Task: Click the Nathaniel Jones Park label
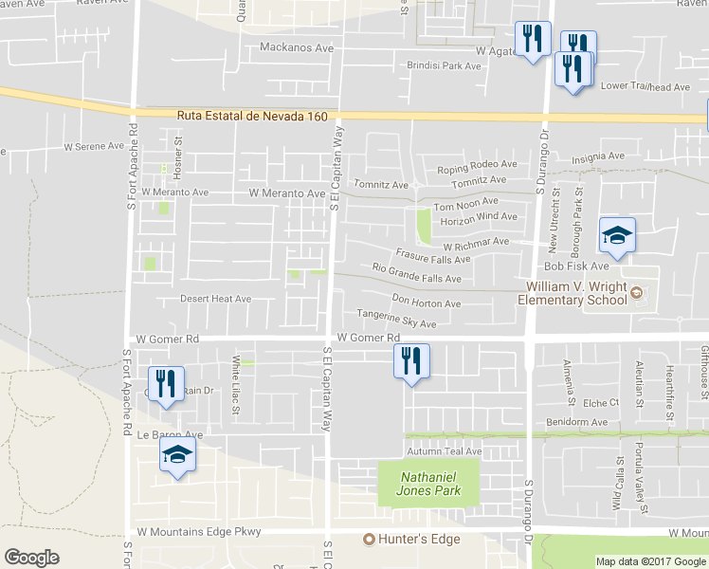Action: [x=429, y=484]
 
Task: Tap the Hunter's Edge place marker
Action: [x=371, y=540]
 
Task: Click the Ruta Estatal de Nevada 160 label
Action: [x=252, y=116]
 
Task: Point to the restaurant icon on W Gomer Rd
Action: [x=410, y=359]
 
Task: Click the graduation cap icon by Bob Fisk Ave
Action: [x=617, y=234]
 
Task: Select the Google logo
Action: [x=31, y=558]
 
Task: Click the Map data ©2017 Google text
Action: [x=650, y=561]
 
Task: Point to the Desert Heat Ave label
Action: [x=216, y=299]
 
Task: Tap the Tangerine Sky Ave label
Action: [x=396, y=320]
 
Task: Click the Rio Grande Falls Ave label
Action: [x=417, y=274]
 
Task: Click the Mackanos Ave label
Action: [x=297, y=46]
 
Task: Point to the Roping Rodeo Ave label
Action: [x=477, y=166]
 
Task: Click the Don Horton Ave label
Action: [x=427, y=303]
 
